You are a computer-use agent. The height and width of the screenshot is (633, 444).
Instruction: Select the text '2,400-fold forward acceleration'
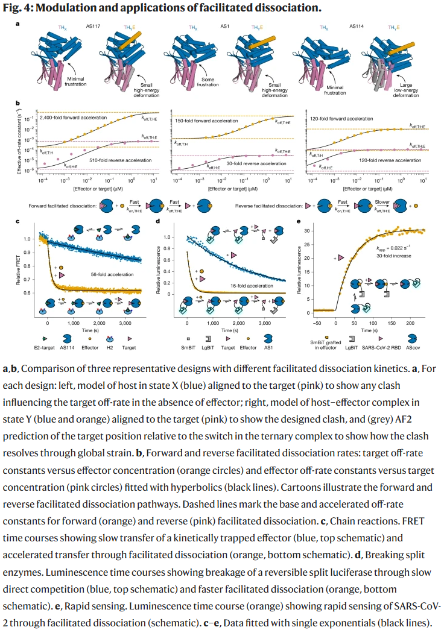click(x=73, y=116)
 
